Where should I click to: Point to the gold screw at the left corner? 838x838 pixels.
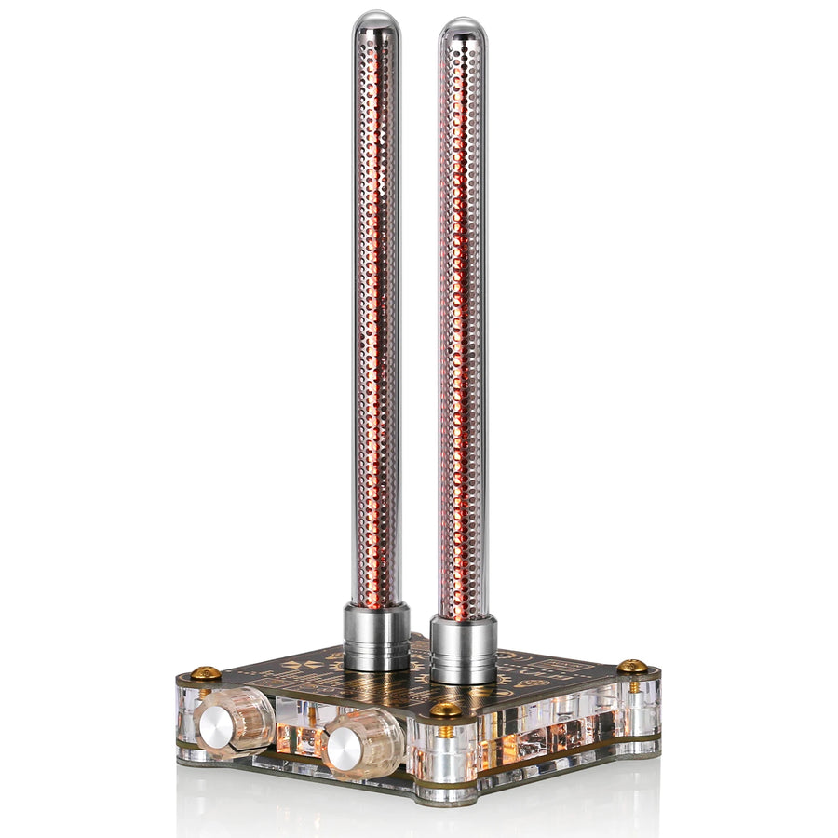click(x=206, y=672)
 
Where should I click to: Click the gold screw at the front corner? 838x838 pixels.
click(x=445, y=710)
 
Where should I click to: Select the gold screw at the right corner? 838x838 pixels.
click(x=632, y=666)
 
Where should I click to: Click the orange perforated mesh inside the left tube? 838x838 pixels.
click(x=375, y=326)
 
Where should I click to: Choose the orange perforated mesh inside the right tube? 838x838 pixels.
click(x=462, y=326)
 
